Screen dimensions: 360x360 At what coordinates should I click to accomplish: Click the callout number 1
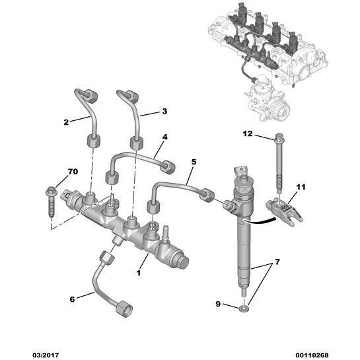click(139, 272)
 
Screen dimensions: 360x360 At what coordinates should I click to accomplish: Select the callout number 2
click(67, 122)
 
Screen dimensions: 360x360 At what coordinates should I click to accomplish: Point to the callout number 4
click(164, 137)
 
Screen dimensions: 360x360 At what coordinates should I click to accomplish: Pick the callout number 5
click(194, 162)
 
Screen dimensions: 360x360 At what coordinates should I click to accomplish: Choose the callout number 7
click(277, 263)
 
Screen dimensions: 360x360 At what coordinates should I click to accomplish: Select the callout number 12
click(247, 134)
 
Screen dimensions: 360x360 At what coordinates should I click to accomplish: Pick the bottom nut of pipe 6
click(124, 308)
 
